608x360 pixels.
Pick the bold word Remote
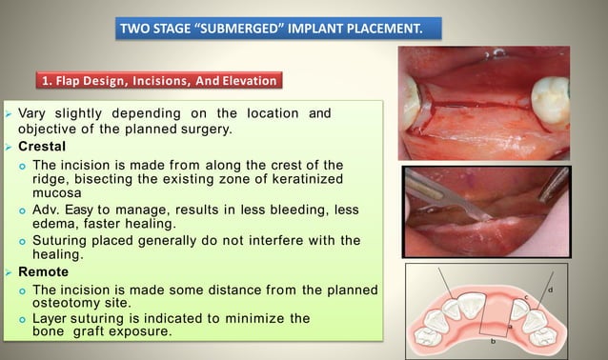point(43,271)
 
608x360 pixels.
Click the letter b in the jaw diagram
point(493,340)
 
